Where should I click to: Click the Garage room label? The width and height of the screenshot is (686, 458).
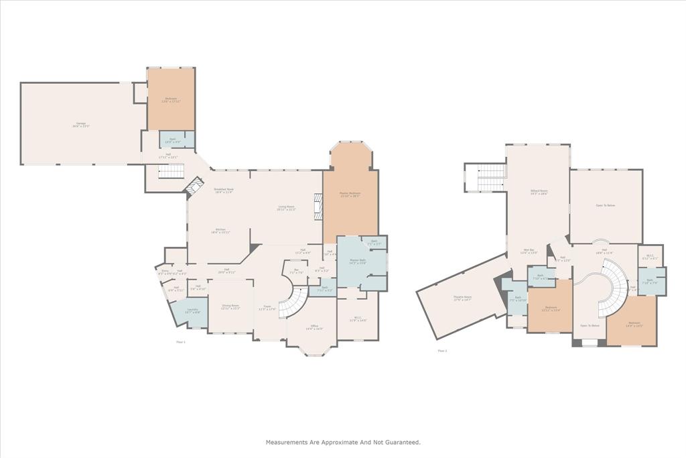coord(82,125)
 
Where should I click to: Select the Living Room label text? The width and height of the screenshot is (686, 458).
coord(286,209)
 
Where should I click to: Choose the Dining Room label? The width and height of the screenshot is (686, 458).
coord(231,306)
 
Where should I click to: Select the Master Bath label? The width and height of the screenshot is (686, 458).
coord(357,262)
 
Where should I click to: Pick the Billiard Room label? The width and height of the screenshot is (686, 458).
coord(537,191)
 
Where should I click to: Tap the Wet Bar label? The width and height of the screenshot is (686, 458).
coord(529,251)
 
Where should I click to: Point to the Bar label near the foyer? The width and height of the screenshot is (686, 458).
coord(296,272)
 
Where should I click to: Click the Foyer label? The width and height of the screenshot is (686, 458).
coord(267,308)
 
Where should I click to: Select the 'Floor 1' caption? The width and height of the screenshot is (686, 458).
coord(180,342)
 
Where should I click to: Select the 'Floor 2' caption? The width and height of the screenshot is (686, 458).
coord(442,351)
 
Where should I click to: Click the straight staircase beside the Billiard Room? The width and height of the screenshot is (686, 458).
coord(490,178)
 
